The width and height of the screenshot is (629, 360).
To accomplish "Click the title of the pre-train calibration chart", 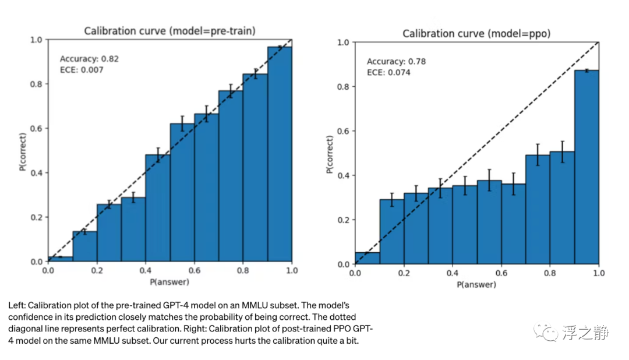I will tap(169, 31).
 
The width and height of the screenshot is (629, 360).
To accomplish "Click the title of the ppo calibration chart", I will tap(476, 34).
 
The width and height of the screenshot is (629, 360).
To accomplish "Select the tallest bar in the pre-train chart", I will tap(279, 154).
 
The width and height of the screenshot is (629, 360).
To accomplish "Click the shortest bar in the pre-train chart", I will tap(61, 259).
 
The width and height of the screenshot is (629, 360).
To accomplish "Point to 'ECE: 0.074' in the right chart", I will tap(388, 73).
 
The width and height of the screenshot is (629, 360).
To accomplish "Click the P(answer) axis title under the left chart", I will tap(169, 283).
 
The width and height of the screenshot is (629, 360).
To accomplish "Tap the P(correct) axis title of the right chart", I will tap(330, 154).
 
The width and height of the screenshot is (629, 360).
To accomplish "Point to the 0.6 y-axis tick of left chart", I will tap(37, 129).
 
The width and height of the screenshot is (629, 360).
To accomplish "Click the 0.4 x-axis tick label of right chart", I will tap(452, 273).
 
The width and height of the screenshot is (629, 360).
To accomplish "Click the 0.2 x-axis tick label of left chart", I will tap(97, 271).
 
